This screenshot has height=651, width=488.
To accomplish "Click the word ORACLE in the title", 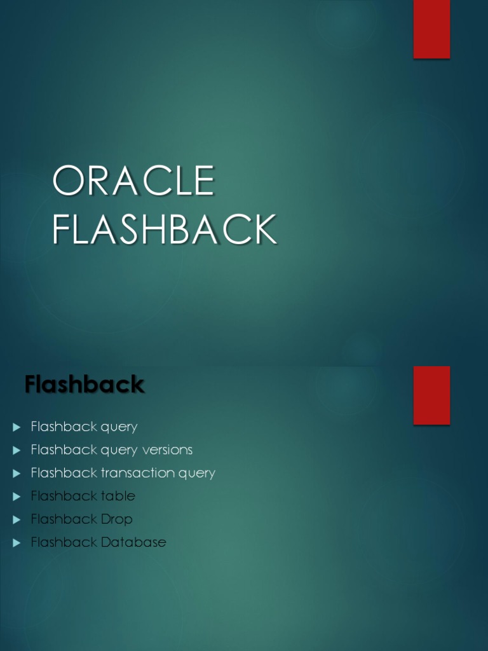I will tap(133, 181).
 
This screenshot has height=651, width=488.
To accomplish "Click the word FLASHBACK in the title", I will tap(165, 230).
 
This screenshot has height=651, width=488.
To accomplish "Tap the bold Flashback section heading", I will tap(85, 385).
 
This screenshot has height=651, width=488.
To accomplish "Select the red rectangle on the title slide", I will tap(431, 29).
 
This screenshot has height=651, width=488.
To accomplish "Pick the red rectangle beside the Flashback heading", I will tap(431, 395).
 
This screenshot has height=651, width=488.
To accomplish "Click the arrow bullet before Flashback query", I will tap(17, 427).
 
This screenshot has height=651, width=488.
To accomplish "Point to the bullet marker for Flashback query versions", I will tap(17, 450).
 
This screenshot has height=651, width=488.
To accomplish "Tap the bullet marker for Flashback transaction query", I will tap(17, 474).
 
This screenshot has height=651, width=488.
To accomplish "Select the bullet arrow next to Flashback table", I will tap(17, 497).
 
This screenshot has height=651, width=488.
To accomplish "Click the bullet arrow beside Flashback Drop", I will tap(17, 520).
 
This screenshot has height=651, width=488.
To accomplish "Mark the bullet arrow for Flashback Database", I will tap(17, 543).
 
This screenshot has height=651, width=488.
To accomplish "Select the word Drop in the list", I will tap(117, 519).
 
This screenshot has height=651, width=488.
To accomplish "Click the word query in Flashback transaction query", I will tap(198, 474).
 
